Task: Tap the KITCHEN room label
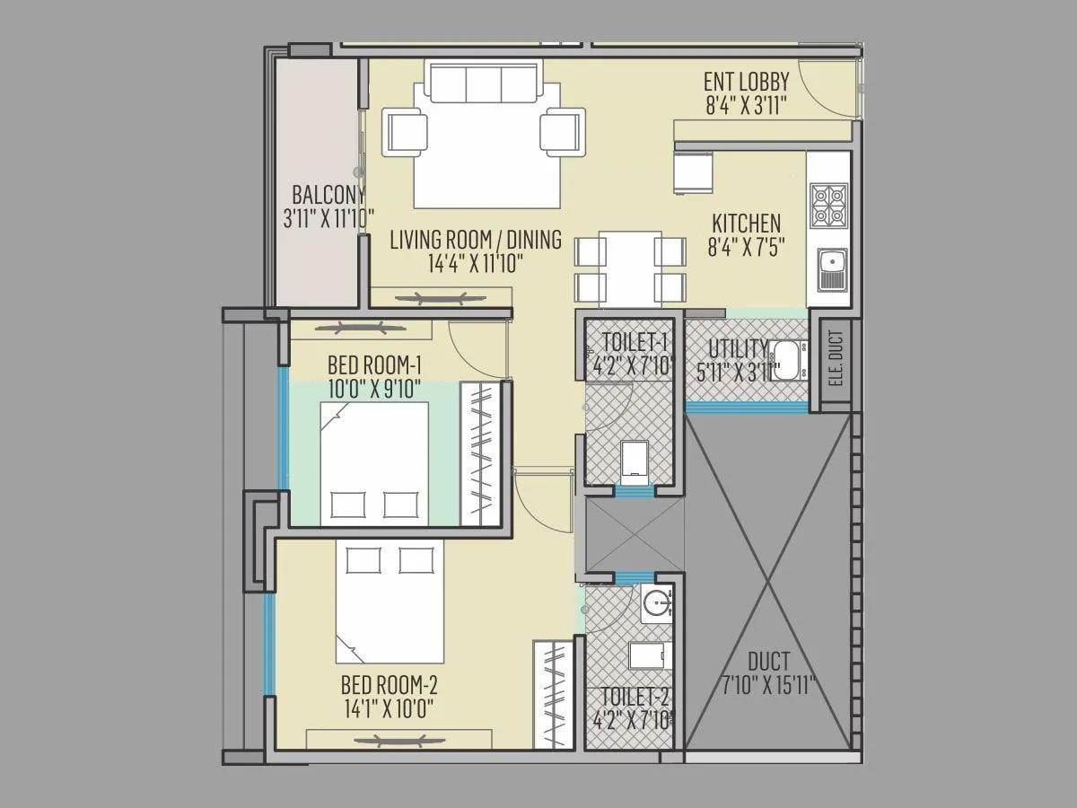click(746, 223)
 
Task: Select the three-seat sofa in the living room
click(485, 83)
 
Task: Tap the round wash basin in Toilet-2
click(657, 603)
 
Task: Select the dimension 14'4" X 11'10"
click(476, 262)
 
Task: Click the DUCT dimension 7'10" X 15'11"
click(768, 687)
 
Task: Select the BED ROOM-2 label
click(389, 686)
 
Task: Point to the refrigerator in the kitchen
click(693, 171)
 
